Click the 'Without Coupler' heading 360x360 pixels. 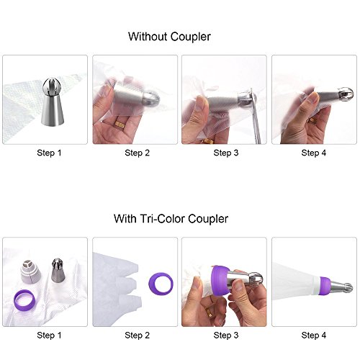[x=169, y=37]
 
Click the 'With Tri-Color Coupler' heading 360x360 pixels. [x=171, y=219]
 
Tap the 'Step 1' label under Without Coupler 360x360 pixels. [x=49, y=153]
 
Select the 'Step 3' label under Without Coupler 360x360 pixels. [x=226, y=153]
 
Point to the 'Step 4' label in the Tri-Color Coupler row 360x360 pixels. [x=314, y=335]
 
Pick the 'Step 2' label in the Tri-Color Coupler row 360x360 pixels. [x=138, y=335]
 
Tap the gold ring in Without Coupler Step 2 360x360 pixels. [x=119, y=125]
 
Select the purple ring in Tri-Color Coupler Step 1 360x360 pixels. [x=24, y=300]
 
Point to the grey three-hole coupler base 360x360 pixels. [x=30, y=271]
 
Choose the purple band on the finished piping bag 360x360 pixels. [x=325, y=286]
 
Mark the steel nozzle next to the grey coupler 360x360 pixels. [x=58, y=270]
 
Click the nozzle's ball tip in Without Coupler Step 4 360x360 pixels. [x=346, y=94]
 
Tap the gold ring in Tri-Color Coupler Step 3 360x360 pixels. [x=209, y=312]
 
